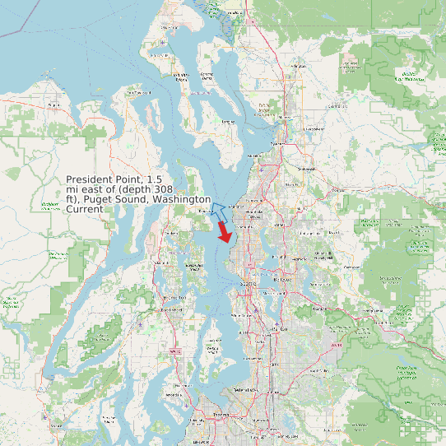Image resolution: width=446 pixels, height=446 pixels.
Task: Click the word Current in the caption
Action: click(x=84, y=210)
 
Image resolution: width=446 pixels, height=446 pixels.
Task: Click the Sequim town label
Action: click(x=54, y=105)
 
